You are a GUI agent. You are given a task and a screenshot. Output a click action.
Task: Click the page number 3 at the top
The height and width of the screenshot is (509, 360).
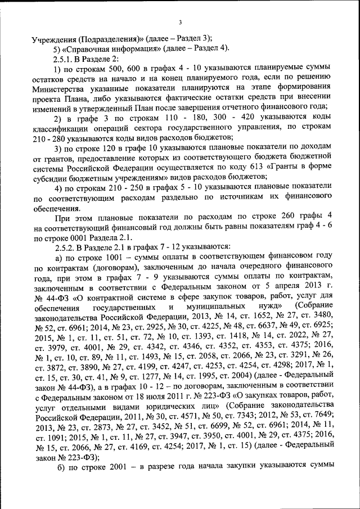click(180, 22)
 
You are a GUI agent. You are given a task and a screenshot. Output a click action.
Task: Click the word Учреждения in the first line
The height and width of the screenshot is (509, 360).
click(55, 39)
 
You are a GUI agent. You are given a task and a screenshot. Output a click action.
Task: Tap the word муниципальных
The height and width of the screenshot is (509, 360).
click(217, 305)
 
